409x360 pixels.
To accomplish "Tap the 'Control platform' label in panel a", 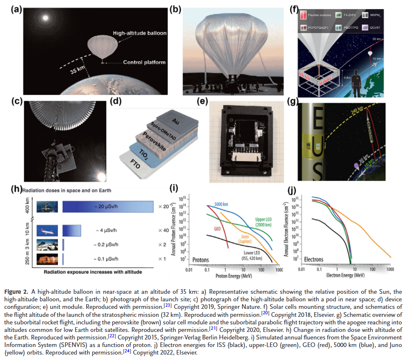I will click(x=144, y=62).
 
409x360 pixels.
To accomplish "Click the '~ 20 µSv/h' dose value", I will click(x=108, y=207).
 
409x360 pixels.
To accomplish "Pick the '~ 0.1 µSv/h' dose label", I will click(x=107, y=258).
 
